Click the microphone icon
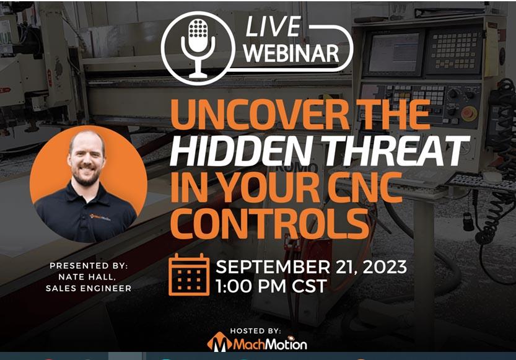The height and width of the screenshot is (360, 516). coord(198,48)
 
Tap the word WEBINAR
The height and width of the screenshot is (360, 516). coord(292,53)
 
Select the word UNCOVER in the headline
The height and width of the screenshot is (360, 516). coord(260,115)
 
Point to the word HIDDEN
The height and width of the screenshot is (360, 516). coord(240,151)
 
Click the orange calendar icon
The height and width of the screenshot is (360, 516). coord(189,274)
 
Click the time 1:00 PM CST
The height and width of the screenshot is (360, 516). coord(271,286)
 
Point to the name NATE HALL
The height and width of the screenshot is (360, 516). coord(87,277)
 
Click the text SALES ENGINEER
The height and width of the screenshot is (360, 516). coord(89,288)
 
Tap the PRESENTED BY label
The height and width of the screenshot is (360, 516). coord(89,266)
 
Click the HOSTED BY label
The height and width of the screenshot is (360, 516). coord(255,331)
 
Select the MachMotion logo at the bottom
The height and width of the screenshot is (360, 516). coord(257,344)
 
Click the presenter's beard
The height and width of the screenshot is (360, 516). coord(86,176)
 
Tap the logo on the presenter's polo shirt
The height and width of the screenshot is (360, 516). coord(100,217)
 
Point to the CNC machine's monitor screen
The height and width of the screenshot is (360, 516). coord(393,52)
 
